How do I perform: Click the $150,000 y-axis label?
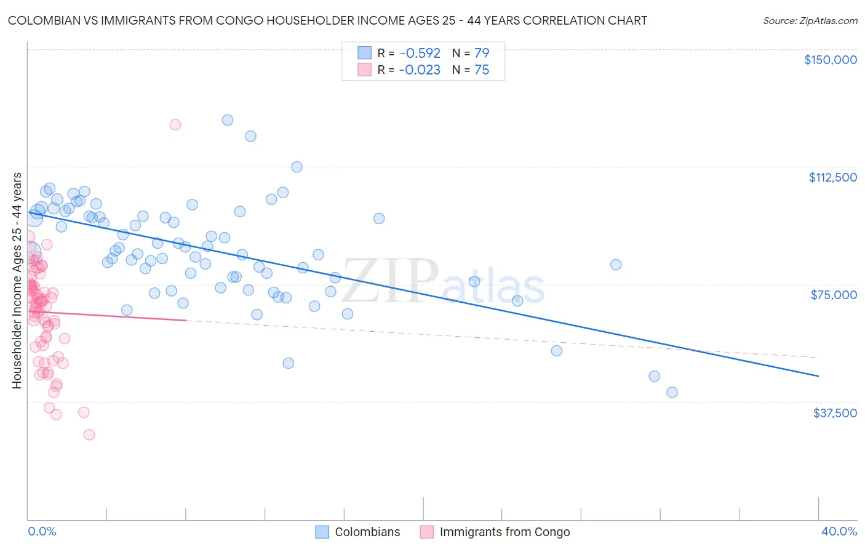(830, 60)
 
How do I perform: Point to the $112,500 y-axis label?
(832, 177)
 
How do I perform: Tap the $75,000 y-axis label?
(833, 295)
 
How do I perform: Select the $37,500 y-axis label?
(834, 413)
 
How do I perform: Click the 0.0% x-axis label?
(42, 531)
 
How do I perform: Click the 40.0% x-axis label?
(839, 531)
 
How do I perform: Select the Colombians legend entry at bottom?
(367, 532)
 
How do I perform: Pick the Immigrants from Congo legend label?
(504, 532)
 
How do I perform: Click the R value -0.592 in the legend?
(420, 53)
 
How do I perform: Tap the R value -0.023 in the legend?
(420, 70)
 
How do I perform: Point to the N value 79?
(482, 53)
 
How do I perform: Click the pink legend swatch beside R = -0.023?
(364, 70)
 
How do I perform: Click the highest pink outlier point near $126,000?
(175, 124)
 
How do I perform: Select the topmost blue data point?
(228, 120)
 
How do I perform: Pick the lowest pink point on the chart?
(89, 435)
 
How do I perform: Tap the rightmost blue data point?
(672, 392)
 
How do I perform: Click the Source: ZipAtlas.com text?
(810, 20)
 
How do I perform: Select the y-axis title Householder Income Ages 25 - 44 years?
(17, 281)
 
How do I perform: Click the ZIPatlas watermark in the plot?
(443, 282)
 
